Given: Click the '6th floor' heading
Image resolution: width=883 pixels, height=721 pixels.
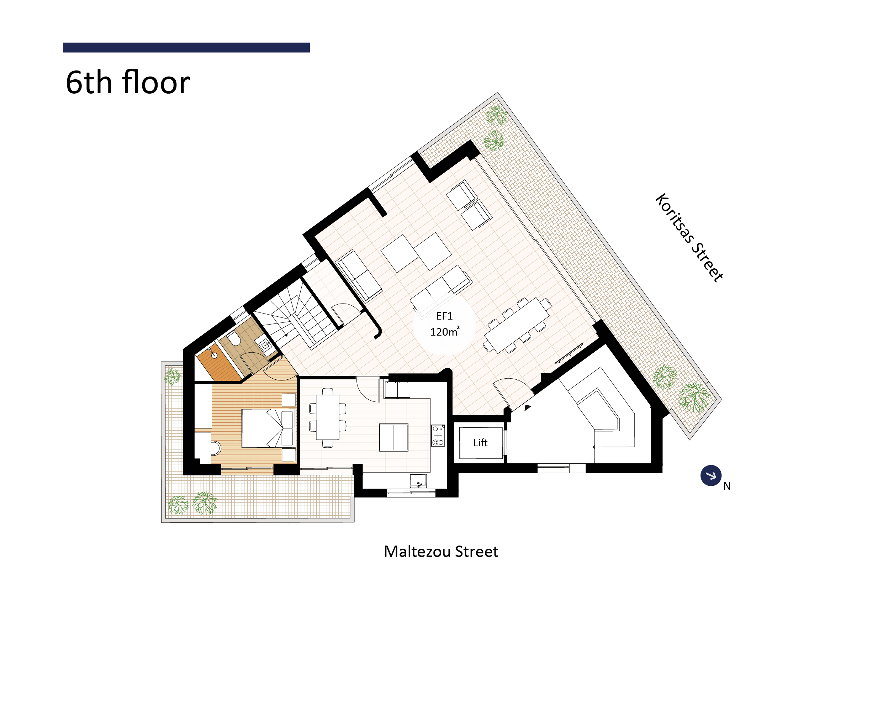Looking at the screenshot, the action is point(128,82).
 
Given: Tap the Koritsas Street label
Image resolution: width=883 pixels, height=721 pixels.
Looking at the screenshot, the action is point(689,238).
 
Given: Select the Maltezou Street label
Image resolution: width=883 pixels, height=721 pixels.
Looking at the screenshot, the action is point(441,552).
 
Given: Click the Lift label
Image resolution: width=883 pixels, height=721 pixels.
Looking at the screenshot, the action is point(480,443).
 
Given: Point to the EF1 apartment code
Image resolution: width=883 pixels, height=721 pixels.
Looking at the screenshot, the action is point(444,316).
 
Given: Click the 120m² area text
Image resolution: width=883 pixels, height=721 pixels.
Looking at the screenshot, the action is point(445,331).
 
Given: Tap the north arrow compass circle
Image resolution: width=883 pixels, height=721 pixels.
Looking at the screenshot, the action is point(711,475).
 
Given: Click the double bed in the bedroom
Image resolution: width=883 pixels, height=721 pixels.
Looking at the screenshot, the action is point(269,428).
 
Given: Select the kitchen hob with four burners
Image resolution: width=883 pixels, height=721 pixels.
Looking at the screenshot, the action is point(438,435).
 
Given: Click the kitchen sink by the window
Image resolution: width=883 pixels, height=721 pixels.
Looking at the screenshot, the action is point(418,481).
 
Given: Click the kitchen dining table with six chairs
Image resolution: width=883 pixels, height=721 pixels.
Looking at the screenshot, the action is point(328,417).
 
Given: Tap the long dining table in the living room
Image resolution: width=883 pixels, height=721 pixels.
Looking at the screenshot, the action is point(518,325).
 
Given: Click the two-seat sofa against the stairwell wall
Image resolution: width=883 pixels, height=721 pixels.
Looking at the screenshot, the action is point(359,275).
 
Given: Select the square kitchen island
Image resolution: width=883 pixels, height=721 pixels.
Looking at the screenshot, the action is point(393,437).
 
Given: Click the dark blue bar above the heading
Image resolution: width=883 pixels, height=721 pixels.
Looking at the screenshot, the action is point(186,47).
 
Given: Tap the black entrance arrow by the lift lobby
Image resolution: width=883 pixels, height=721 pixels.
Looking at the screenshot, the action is point(527,408).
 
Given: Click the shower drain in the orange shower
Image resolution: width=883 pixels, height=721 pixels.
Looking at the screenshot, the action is point(214,356).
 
